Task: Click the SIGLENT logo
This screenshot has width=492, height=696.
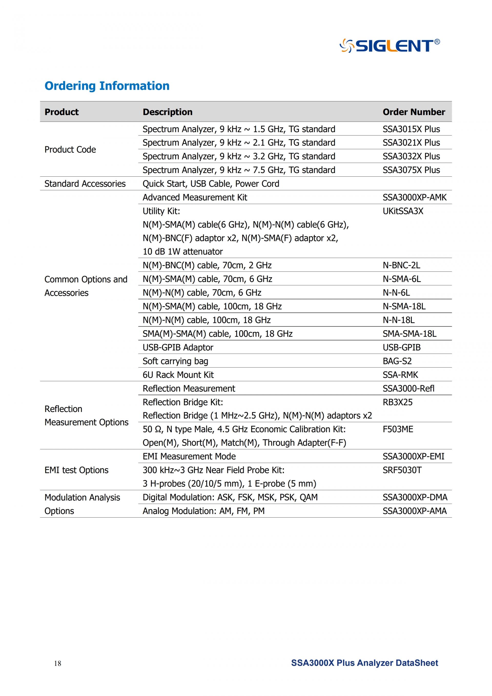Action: (389, 45)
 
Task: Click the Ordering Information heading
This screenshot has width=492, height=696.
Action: (107, 86)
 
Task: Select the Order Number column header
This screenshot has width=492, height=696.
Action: (414, 112)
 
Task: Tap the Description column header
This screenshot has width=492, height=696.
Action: (168, 112)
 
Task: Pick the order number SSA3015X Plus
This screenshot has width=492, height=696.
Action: (411, 129)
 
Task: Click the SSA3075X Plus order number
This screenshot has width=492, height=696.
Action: (411, 170)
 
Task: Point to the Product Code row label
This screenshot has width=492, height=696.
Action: (70, 149)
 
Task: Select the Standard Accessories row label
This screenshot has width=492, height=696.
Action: (85, 184)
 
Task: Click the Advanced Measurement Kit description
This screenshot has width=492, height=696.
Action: (195, 197)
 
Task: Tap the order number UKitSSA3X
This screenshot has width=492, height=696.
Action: (403, 211)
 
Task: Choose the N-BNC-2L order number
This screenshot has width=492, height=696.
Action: (402, 265)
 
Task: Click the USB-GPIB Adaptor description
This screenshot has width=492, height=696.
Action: (178, 347)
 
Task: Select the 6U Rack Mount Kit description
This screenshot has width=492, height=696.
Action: (178, 375)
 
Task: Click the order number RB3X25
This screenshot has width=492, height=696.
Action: (397, 402)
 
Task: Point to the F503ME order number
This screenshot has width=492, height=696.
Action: (398, 429)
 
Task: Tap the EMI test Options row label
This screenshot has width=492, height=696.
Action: (76, 470)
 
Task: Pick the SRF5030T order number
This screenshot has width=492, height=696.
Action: (402, 470)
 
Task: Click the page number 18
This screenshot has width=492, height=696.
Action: (58, 663)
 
